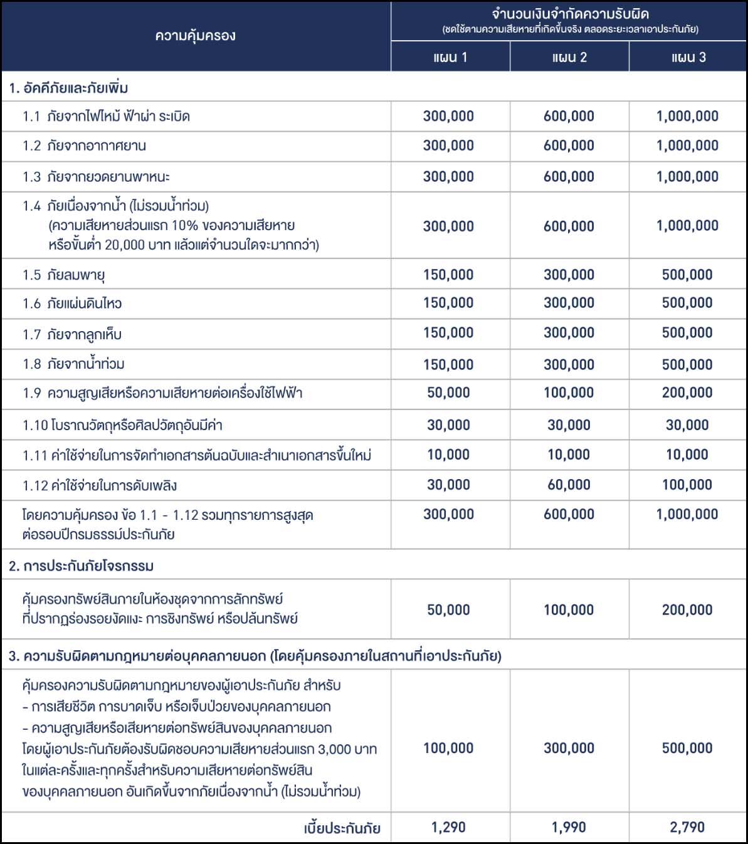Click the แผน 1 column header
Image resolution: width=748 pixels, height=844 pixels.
[x=450, y=57]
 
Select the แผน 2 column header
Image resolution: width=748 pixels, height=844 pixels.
[x=569, y=57]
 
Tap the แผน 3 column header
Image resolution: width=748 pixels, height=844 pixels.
[x=688, y=57]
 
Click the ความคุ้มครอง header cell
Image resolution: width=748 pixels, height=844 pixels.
[x=196, y=35]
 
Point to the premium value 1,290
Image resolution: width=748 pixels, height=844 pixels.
[x=448, y=827]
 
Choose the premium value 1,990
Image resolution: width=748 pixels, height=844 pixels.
[x=569, y=827]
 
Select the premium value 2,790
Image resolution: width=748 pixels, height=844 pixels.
[x=687, y=827]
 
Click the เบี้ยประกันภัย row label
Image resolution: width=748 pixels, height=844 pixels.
[x=342, y=828]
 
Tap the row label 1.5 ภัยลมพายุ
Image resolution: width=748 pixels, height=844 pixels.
[x=64, y=275]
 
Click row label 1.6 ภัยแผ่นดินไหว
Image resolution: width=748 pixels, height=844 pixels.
[x=72, y=303]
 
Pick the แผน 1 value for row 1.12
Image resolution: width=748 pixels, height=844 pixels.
[x=448, y=485]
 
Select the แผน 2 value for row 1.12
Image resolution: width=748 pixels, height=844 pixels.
[x=569, y=485]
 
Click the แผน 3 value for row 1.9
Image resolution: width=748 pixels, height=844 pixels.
[x=687, y=393]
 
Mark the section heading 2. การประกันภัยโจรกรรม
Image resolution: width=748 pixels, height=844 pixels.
[x=82, y=566]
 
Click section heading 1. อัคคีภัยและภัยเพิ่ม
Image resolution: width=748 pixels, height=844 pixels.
[x=69, y=88]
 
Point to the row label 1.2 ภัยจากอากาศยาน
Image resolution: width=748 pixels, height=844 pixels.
[x=84, y=145]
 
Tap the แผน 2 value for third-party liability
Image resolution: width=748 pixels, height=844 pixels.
[x=569, y=748]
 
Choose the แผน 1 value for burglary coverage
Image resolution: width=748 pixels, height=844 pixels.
[x=448, y=609]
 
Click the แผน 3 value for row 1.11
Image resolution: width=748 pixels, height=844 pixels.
[x=687, y=455]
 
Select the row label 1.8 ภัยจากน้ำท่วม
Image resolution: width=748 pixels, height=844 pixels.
[x=73, y=364]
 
